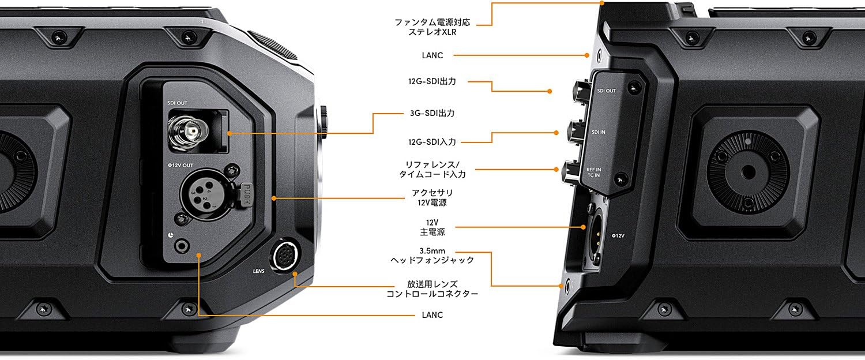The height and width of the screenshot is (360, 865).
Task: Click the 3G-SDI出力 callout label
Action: click(x=432, y=113)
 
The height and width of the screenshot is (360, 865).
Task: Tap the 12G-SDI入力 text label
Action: click(x=432, y=142)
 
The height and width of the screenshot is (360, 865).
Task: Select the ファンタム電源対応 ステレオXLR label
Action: click(x=432, y=27)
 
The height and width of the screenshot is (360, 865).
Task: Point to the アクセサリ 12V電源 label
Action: click(x=432, y=197)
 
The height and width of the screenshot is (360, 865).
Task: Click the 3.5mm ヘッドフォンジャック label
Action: click(x=432, y=256)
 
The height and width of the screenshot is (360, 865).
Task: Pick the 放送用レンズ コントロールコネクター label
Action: click(x=432, y=289)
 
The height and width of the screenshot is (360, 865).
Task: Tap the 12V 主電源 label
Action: click(x=432, y=227)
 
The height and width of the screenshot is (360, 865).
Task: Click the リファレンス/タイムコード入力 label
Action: click(x=432, y=169)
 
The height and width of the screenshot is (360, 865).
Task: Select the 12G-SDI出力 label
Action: click(x=432, y=81)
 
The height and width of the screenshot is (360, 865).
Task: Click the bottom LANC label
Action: click(x=432, y=315)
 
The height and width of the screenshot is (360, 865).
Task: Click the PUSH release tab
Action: click(x=246, y=194)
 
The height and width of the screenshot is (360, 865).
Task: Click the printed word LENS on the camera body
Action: click(x=258, y=271)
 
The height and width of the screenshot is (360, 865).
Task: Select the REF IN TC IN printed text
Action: click(x=593, y=172)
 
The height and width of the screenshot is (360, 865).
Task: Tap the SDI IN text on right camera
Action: click(x=598, y=132)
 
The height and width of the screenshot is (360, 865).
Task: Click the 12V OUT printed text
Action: click(x=180, y=166)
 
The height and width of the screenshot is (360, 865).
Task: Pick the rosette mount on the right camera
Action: click(x=748, y=172)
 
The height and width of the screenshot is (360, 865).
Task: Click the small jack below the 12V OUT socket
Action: click(x=182, y=246)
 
